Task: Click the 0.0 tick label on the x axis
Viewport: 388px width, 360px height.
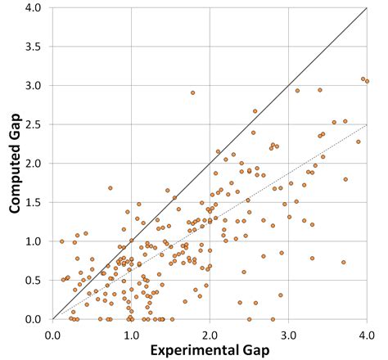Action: (52, 335)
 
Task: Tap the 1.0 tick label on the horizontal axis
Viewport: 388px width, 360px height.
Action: (131, 335)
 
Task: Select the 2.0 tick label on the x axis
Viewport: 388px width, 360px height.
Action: (210, 335)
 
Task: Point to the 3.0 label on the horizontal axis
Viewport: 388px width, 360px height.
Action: (288, 335)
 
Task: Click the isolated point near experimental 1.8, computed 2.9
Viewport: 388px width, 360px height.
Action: (192, 92)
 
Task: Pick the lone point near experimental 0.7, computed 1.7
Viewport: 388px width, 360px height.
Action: (110, 187)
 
